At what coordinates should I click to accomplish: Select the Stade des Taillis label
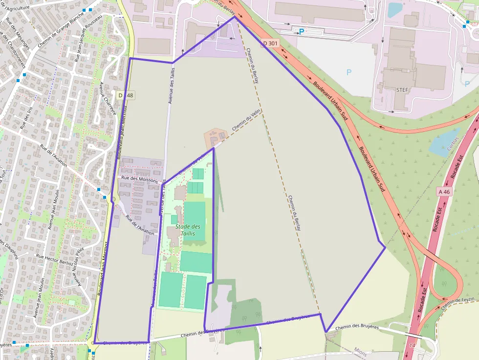pos(188,230)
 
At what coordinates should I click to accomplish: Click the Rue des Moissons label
pos(139,180)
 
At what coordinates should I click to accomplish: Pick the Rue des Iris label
pos(25,118)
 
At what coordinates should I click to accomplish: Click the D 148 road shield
pos(126,95)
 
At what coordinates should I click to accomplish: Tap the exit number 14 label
pos(412,346)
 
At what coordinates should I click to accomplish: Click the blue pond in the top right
pos(394,9)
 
